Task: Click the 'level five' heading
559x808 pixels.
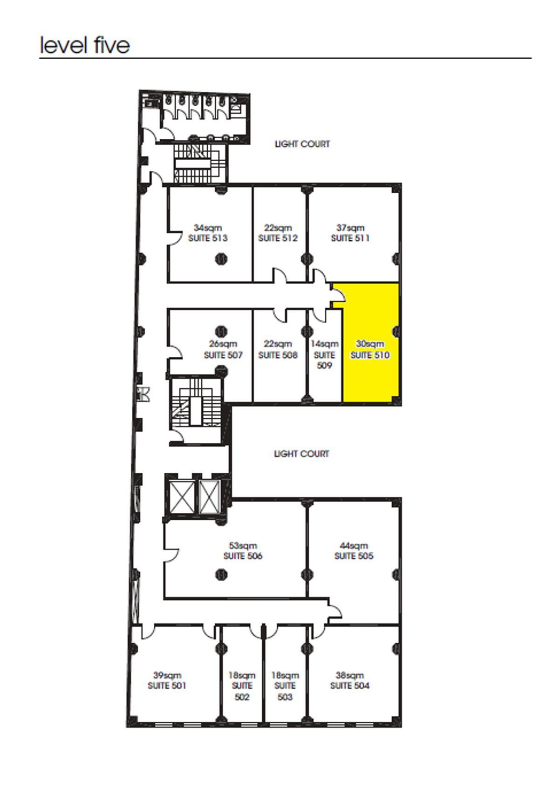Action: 85,45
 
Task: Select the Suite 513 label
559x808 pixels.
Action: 208,238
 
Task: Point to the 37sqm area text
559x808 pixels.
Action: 350,228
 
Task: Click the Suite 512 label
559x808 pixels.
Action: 278,238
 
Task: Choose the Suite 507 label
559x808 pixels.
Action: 223,355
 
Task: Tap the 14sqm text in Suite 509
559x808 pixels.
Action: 325,344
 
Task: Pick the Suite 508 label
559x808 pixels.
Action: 278,355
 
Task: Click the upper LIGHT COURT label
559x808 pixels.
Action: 302,144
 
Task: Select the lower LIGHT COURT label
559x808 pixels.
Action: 301,454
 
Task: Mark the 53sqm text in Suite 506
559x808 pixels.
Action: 243,545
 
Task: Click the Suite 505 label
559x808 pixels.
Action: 354,556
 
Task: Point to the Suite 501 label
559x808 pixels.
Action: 167,686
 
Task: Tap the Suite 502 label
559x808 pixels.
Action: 242,692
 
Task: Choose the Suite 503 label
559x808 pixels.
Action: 285,692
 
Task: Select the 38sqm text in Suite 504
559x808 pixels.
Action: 350,675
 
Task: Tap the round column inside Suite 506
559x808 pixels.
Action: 221,575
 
